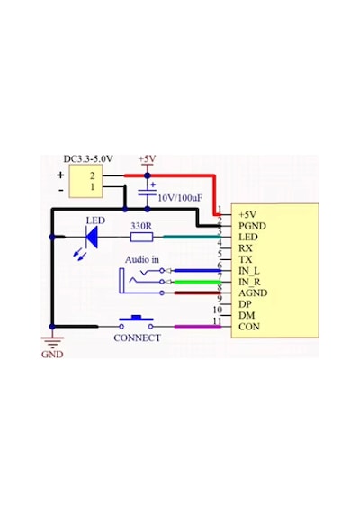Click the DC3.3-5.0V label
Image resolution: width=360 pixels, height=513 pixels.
click(88, 159)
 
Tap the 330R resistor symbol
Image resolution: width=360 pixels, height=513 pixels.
click(141, 237)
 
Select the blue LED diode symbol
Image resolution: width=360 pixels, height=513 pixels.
click(92, 237)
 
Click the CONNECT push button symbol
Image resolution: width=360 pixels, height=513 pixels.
click(136, 322)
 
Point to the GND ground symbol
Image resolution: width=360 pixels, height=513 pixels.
click(52, 342)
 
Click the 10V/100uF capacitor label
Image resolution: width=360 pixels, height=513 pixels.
click(180, 198)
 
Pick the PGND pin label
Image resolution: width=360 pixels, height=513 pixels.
click(252, 226)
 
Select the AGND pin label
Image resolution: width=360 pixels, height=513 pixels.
click(253, 292)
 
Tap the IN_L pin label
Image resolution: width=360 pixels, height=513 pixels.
click(249, 271)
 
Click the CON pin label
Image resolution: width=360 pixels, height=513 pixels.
click(249, 327)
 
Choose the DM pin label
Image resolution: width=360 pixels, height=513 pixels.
click(247, 315)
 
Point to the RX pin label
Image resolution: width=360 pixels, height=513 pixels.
click(246, 248)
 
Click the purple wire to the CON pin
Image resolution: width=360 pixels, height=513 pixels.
click(198, 327)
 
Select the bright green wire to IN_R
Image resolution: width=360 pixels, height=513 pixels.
click(198, 282)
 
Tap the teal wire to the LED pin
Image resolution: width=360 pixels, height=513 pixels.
click(193, 237)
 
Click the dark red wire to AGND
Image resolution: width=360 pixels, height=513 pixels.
click(198, 292)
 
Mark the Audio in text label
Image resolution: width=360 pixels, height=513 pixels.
click(142, 260)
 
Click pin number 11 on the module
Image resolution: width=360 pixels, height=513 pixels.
click(217, 321)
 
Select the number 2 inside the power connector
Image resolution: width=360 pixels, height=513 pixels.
click(93, 175)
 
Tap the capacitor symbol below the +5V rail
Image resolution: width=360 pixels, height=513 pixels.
click(148, 193)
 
